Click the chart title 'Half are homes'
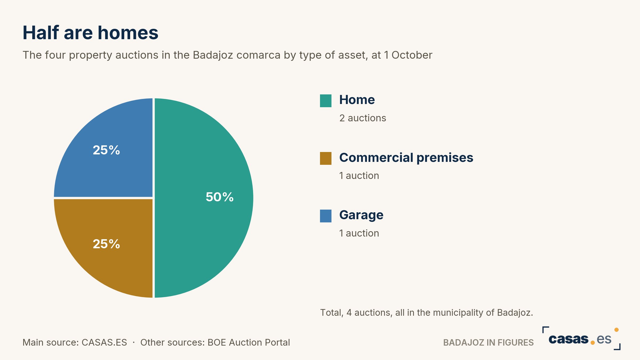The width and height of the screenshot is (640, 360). click(x=90, y=33)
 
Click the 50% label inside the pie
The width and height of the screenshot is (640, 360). click(x=219, y=197)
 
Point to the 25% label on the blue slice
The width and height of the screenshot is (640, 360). click(x=106, y=150)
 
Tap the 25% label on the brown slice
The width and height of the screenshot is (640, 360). click(x=106, y=244)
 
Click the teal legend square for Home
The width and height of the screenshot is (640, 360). click(x=326, y=101)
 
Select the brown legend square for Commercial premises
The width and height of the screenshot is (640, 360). click(x=326, y=158)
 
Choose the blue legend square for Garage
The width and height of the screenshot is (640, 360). click(x=326, y=216)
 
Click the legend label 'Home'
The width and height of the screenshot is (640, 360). click(x=357, y=100)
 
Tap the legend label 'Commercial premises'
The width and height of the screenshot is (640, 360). click(x=406, y=158)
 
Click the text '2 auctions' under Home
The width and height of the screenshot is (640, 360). click(x=363, y=118)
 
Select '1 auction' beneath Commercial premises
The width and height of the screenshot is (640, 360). click(x=359, y=175)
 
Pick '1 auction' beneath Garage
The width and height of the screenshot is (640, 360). click(x=359, y=233)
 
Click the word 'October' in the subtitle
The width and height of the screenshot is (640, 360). click(x=412, y=55)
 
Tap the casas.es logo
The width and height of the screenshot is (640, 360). click(x=581, y=338)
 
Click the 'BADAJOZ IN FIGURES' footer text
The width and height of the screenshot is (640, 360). click(x=489, y=342)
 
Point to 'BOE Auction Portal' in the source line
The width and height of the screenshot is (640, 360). click(x=249, y=342)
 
